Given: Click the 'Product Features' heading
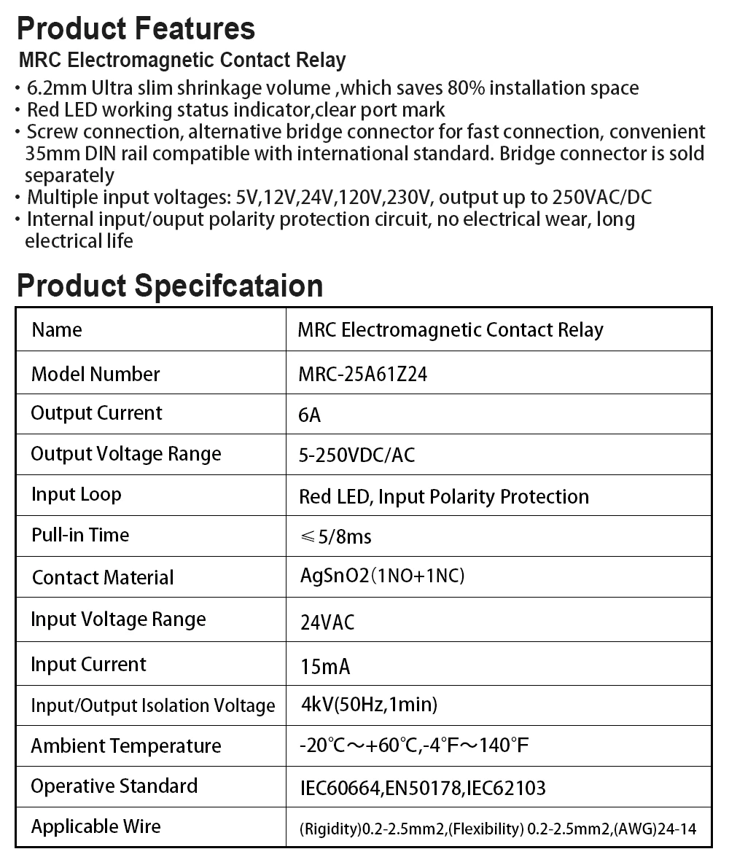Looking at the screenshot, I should (136, 29).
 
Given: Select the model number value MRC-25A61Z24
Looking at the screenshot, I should (362, 375).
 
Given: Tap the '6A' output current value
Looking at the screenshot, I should (309, 415).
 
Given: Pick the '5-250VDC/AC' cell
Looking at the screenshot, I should (356, 455).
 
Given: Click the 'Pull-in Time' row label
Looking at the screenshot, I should (80, 535).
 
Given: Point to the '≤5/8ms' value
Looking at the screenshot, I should (335, 537).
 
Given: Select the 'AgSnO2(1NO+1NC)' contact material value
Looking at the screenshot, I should (382, 576).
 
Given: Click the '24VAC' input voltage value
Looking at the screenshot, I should (327, 622).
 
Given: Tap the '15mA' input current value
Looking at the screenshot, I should (325, 666).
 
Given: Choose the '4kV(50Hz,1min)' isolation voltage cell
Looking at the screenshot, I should (369, 705).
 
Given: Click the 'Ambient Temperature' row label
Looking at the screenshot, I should (125, 746).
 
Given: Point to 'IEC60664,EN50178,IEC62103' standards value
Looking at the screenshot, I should (423, 788).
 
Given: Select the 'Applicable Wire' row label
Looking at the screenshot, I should (96, 826).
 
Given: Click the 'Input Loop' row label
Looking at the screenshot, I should (76, 494).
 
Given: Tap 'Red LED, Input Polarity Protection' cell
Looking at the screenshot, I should (443, 497).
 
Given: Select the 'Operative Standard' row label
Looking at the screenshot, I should (114, 786).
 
